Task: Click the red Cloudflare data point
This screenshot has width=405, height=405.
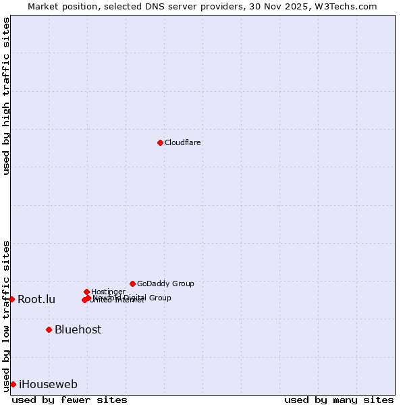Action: click(160, 142)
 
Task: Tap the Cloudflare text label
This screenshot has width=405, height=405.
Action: click(183, 142)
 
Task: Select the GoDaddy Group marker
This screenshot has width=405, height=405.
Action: click(132, 283)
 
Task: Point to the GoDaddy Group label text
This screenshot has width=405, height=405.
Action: click(165, 283)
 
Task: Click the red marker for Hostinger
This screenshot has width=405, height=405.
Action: click(86, 292)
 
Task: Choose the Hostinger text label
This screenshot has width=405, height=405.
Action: click(108, 292)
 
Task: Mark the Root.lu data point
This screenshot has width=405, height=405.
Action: click(11, 299)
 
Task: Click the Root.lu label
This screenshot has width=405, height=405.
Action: click(36, 300)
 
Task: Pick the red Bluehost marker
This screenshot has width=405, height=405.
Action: click(49, 329)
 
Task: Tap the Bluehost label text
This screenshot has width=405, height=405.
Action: click(78, 329)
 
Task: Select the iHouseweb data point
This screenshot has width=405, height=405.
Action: click(13, 384)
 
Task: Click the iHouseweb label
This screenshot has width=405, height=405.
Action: click(48, 385)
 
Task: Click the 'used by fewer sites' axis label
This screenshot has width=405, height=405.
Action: click(70, 400)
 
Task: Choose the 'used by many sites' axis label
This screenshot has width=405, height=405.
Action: click(339, 400)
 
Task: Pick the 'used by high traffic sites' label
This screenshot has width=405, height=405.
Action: click(6, 96)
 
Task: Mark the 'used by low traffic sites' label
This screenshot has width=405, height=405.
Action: click(6, 315)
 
